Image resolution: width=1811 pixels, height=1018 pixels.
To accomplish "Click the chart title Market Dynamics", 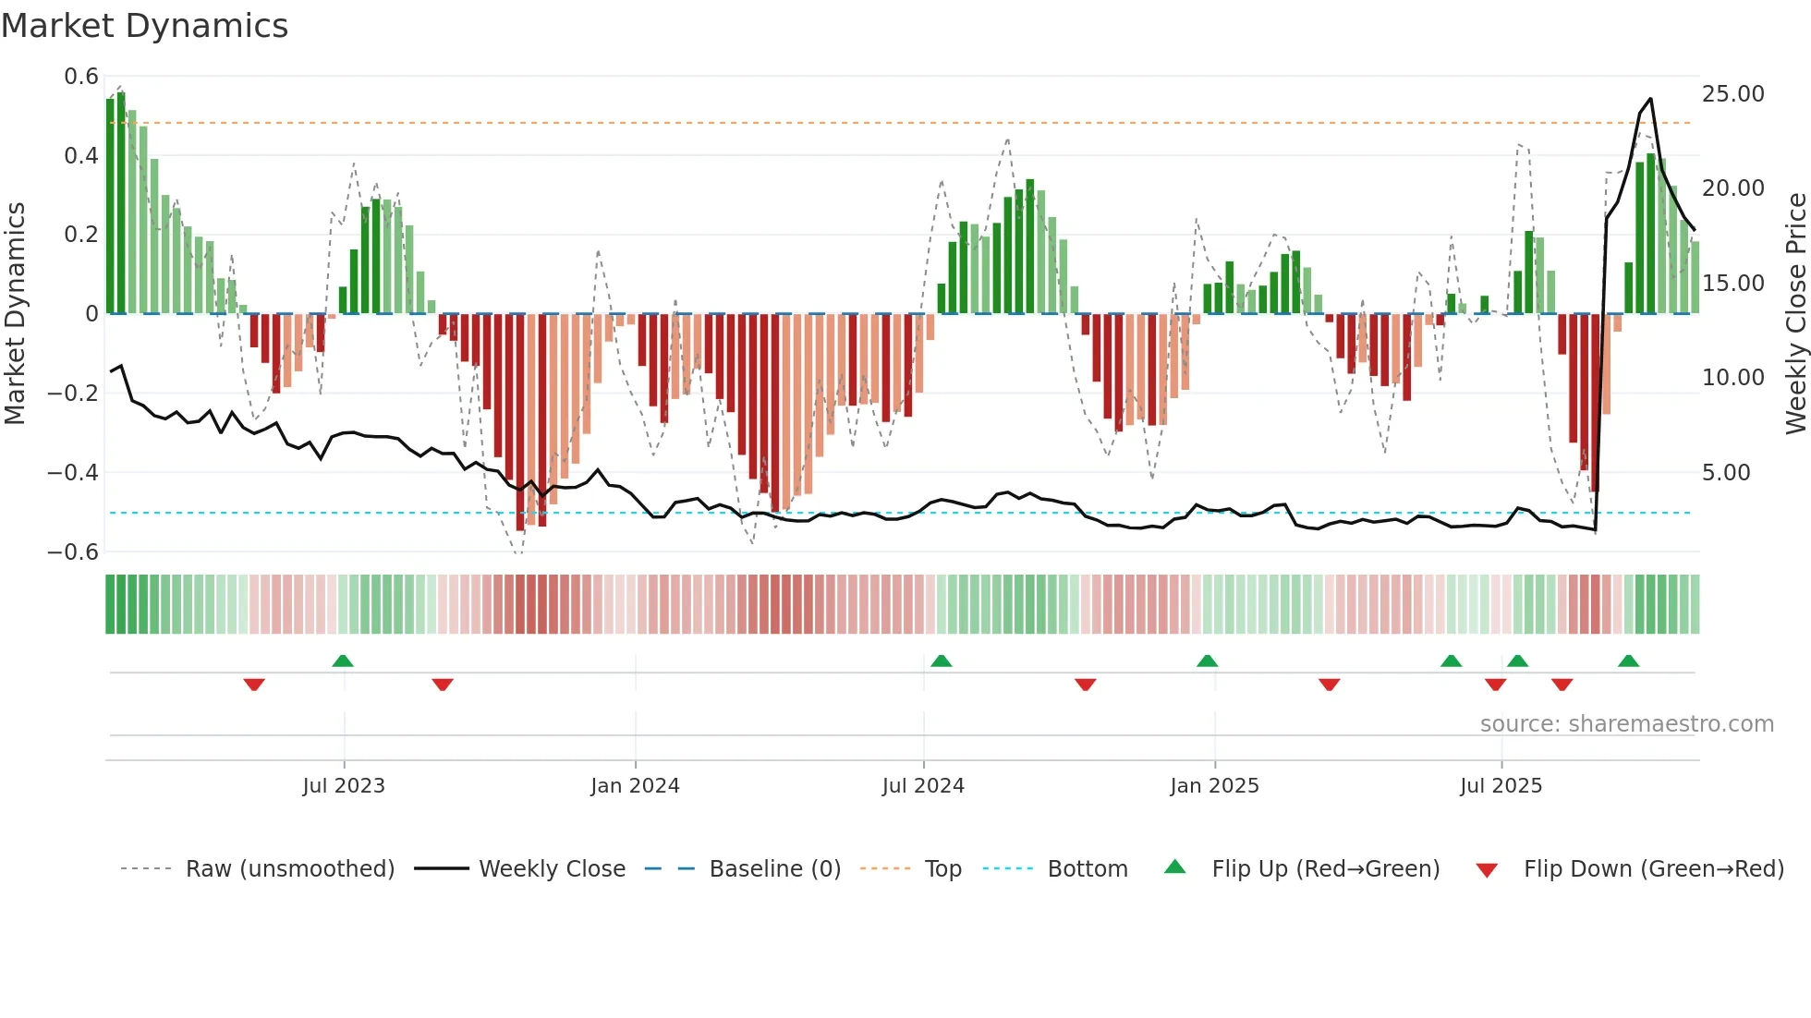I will click(144, 26).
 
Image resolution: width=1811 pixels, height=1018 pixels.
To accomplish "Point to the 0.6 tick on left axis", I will click(81, 77).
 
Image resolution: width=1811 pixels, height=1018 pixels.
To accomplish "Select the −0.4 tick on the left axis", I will click(73, 473).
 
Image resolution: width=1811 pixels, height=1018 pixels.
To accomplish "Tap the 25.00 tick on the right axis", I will click(1732, 94).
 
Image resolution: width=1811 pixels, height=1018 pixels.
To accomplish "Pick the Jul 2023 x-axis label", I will click(344, 786).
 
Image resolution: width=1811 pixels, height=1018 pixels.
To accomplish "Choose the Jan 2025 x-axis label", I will click(1214, 786).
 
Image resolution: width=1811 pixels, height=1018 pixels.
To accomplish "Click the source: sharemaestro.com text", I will click(1626, 724).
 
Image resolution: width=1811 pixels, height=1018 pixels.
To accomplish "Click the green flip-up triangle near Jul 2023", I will click(343, 661).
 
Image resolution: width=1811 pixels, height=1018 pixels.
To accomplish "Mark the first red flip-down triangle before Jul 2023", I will click(254, 685).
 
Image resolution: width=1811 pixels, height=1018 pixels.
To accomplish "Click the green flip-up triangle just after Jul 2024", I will click(941, 661).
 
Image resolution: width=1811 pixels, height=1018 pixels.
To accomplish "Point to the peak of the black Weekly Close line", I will click(1650, 99).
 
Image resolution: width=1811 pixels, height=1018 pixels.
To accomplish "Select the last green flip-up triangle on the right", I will click(1628, 661).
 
